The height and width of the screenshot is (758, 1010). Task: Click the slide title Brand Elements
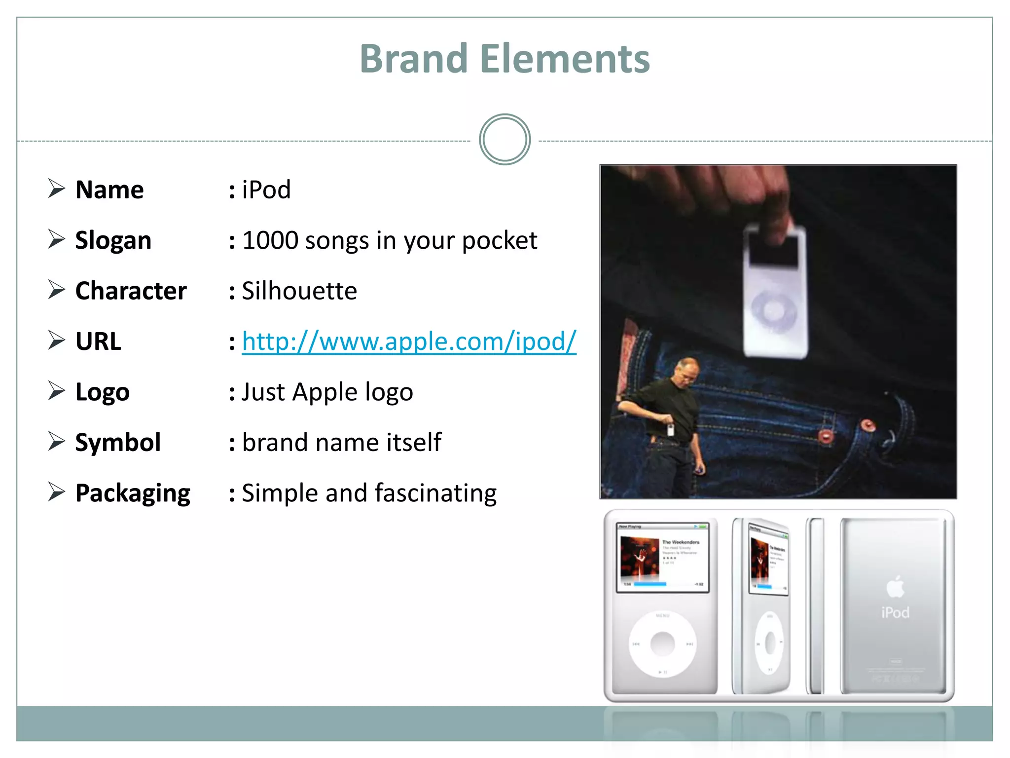point(505,59)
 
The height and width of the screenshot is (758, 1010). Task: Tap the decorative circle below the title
point(505,140)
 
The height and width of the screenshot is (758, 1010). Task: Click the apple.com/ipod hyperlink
point(409,341)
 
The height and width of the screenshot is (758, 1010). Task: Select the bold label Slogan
point(113,240)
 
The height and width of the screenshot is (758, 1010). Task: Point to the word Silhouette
point(299,291)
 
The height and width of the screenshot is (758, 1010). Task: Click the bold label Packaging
point(133,493)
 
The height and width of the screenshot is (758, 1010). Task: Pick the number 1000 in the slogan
point(270,240)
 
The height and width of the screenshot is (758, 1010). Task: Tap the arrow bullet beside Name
point(57,189)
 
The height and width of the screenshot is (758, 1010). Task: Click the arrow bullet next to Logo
point(57,391)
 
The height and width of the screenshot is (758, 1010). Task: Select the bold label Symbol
point(118,442)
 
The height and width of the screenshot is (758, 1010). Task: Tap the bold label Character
point(131,291)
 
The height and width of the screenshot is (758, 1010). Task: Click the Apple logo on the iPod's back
point(895,587)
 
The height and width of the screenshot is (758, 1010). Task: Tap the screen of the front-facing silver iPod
point(662,557)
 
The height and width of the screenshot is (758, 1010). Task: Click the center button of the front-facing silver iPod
point(662,643)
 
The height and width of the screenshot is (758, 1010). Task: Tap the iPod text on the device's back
point(895,612)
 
